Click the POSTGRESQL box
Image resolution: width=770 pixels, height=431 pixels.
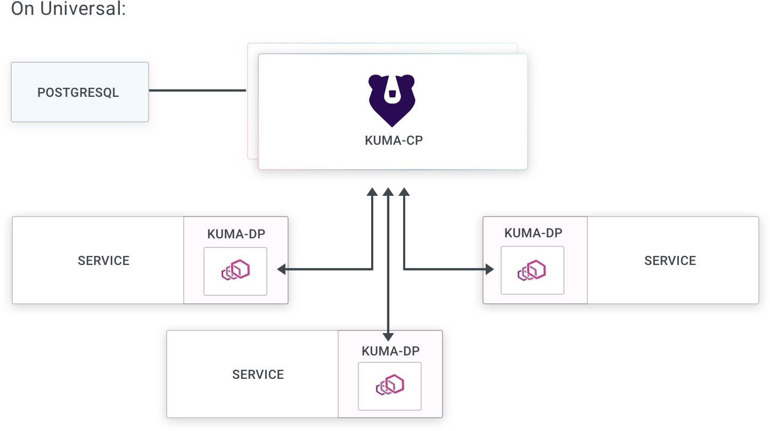(x=79, y=92)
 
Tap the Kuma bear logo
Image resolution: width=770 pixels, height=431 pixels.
(x=392, y=100)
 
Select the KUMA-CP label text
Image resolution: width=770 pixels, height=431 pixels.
(x=394, y=142)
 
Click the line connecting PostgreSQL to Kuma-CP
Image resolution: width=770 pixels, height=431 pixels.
(x=197, y=90)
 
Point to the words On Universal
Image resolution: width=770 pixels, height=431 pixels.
(x=68, y=9)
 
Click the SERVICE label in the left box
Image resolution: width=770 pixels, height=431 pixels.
(x=103, y=261)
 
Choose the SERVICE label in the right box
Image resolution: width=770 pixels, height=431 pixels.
(x=670, y=261)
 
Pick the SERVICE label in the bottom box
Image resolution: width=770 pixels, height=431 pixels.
(x=258, y=375)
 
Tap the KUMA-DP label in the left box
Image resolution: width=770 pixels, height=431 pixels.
(x=236, y=235)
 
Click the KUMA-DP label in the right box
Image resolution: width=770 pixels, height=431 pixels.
(x=533, y=233)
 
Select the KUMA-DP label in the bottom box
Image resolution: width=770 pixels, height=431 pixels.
(x=390, y=351)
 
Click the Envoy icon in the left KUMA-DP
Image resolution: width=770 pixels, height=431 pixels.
(x=235, y=271)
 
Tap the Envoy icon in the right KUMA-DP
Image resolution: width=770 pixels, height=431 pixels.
(x=532, y=271)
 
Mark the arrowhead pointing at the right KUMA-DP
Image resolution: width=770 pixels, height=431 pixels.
(x=489, y=270)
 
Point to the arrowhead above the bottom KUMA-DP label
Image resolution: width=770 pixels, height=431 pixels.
(x=388, y=336)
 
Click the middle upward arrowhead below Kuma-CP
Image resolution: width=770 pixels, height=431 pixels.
(x=388, y=192)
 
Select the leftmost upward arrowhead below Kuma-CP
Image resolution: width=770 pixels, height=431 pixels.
(x=372, y=192)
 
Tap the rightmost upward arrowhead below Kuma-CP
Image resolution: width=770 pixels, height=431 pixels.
(x=404, y=192)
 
